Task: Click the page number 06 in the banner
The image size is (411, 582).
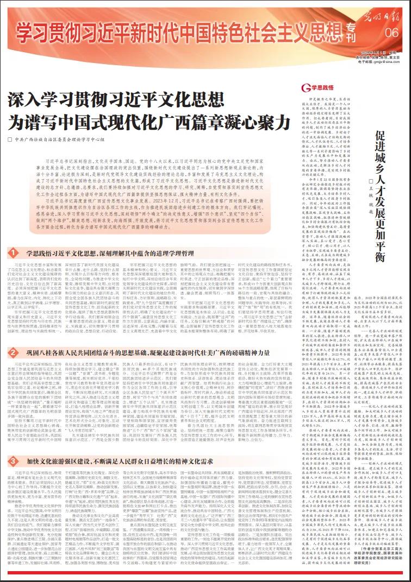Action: (x=391, y=33)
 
